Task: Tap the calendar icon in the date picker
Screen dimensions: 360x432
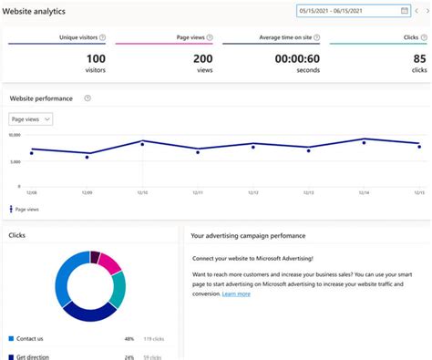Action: (404, 11)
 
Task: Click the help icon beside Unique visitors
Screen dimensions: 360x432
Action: (101, 37)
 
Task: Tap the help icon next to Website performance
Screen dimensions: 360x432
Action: (87, 98)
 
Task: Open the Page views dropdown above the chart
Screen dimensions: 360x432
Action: (31, 118)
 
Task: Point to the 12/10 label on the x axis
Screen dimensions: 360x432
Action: (142, 193)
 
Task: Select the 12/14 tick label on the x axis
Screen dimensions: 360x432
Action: (364, 193)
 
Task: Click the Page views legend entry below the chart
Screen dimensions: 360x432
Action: (26, 209)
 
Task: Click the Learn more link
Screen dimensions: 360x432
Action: (236, 293)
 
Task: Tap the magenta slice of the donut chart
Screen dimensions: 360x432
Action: (110, 263)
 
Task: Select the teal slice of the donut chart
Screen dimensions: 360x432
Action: (118, 288)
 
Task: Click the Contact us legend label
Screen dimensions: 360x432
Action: (31, 338)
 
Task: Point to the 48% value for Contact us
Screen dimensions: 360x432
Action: (129, 338)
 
